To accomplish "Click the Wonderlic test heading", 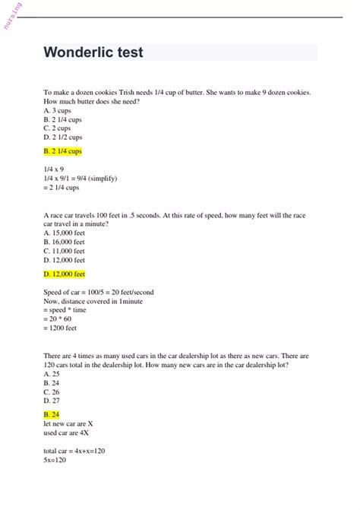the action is pos(93,53).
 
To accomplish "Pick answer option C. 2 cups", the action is pos(58,128).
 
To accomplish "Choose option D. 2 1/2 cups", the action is pos(63,138).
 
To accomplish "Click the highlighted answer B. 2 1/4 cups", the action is pos(63,151).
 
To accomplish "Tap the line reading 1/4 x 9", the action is pos(54,169).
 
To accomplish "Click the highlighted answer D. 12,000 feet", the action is pos(65,274).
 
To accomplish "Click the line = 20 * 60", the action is pos(60,319).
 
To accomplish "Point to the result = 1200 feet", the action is pos(60,328).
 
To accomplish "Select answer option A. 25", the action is pos(52,374).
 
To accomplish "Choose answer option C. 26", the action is pos(52,392).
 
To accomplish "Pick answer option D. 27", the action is pos(52,401).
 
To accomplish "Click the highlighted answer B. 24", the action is pos(52,414).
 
